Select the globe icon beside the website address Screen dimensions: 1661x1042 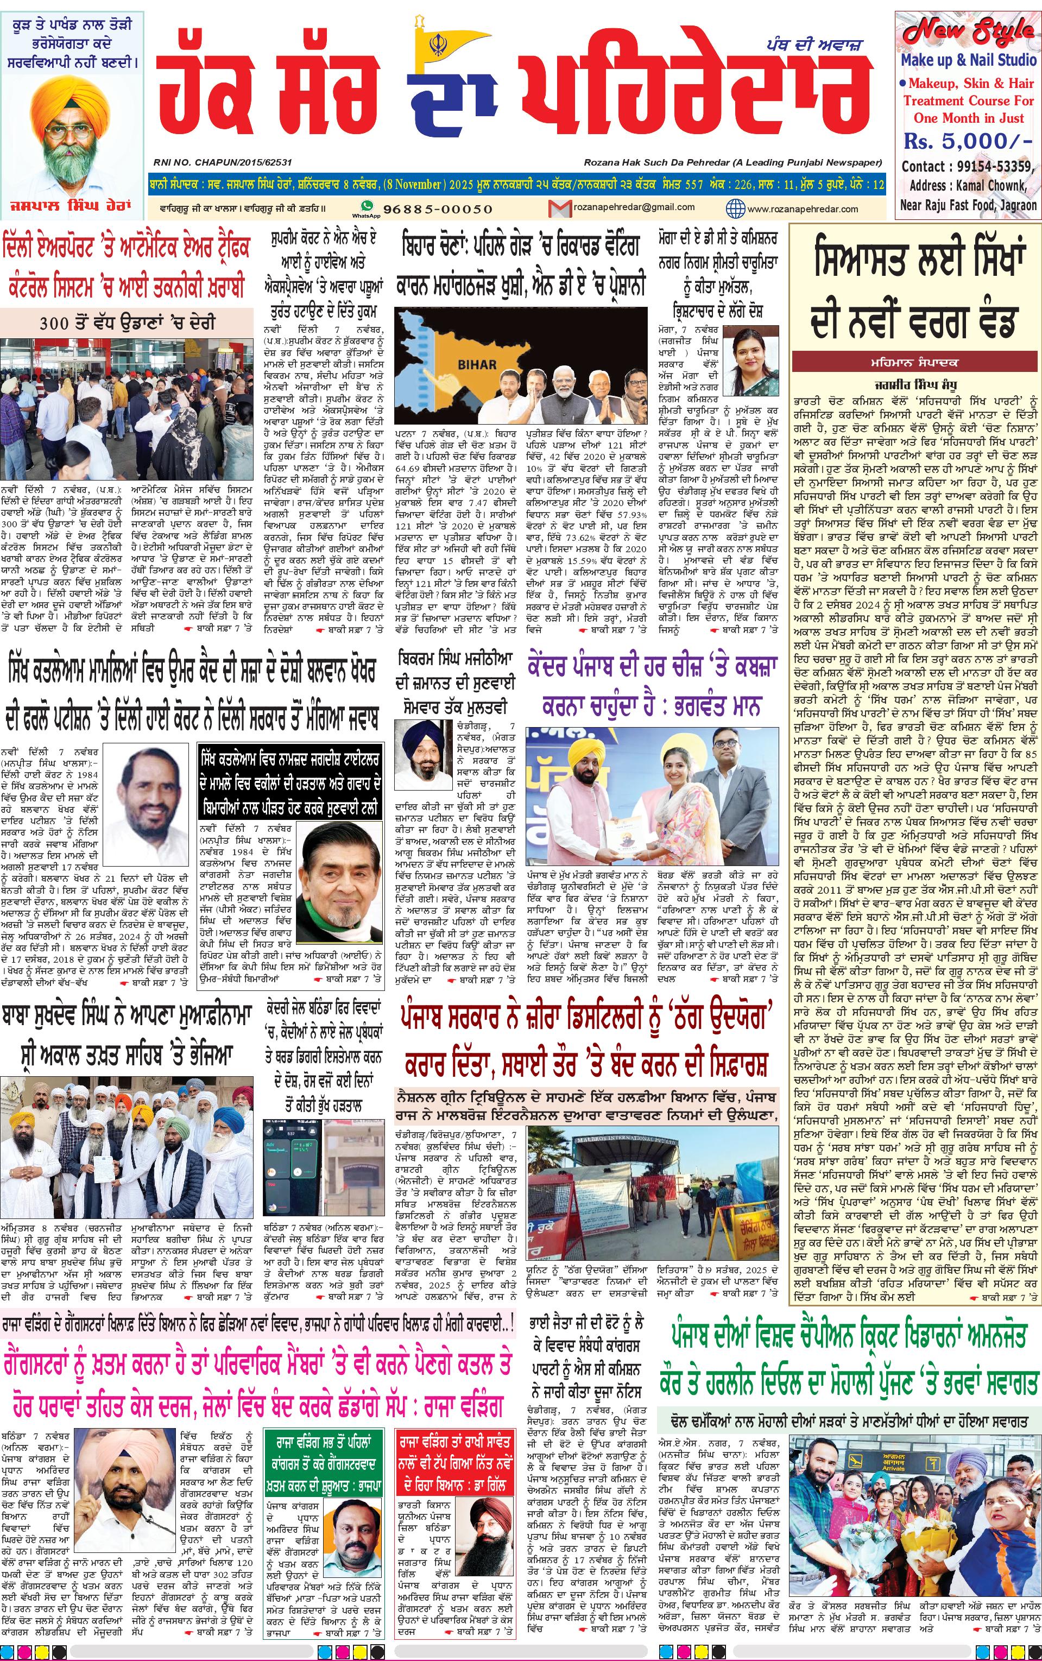[735, 208]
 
